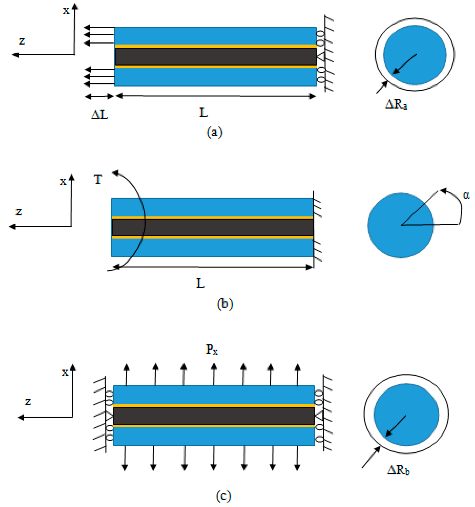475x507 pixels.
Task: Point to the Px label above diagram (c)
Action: (x=211, y=350)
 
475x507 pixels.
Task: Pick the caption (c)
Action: (x=223, y=496)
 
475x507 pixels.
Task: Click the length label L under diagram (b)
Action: (x=200, y=283)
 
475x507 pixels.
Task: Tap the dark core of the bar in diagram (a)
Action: (x=216, y=57)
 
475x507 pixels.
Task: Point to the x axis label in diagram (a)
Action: (x=66, y=11)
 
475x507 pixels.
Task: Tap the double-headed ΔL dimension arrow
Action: (x=99, y=96)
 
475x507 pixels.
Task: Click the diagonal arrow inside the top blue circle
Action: (x=405, y=64)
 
